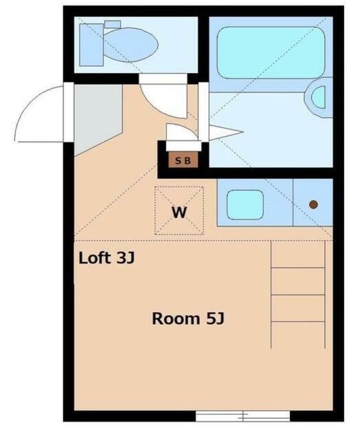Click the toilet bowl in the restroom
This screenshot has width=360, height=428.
pos(134,45)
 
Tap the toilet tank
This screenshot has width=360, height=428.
pos(92,43)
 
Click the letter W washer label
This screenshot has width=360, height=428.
pos(179,213)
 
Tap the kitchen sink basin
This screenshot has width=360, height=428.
pos(245,205)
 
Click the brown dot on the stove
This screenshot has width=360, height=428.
pos(312,204)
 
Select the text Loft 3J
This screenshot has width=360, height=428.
pos(107,257)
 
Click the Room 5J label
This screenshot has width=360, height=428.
pos(187,318)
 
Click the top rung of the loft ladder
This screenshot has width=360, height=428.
pos(297,267)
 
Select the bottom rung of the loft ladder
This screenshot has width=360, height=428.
pos(297,321)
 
